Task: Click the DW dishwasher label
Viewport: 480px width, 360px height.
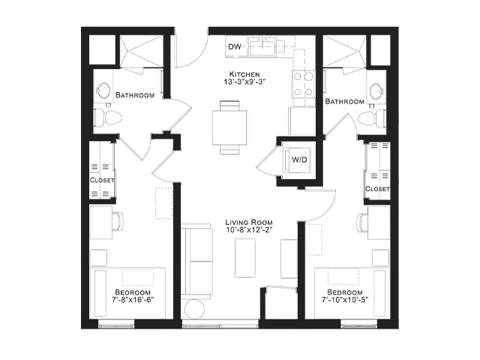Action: coord(235,46)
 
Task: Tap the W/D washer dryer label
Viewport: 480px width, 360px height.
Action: coord(299,160)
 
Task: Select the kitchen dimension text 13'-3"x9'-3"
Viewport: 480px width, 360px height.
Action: coord(244,82)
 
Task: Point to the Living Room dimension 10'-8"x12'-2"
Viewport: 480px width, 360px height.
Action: coord(248,229)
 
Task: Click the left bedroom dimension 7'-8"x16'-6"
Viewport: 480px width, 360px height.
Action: coord(133,299)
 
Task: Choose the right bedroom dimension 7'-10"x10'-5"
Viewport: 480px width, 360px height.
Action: coord(345,299)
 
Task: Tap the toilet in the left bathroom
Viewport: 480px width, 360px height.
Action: coord(108,118)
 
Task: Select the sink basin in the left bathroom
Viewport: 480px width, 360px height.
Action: coord(104,91)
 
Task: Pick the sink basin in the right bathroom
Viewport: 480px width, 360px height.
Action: coord(376,91)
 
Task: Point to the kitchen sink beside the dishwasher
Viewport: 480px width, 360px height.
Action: coord(262,46)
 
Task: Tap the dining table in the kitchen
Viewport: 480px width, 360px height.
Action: coord(229,127)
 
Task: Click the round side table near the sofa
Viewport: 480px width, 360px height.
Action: coord(195,309)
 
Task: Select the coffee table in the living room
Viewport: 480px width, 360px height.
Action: coord(245,258)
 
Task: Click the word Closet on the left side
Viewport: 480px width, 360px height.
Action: coord(102,180)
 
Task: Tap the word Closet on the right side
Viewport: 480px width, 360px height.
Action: coord(377,189)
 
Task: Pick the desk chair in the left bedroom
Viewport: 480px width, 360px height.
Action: coord(118,221)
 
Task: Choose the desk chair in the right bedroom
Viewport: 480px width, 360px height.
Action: coord(362,223)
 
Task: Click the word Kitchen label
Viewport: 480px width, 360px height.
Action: coord(244,74)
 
